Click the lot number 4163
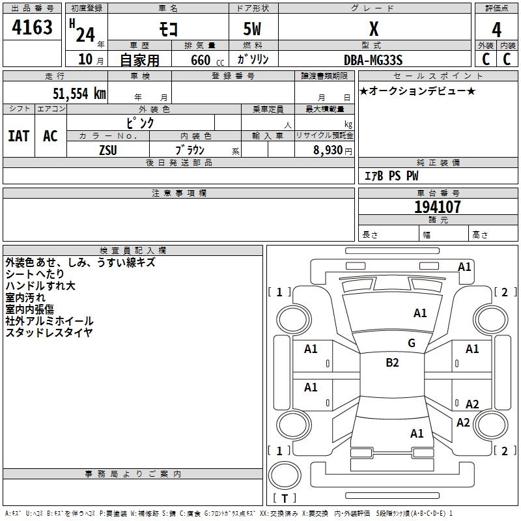[33, 27]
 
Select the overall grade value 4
[497, 30]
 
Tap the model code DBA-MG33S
[373, 60]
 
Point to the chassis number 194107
[437, 207]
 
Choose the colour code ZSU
[108, 150]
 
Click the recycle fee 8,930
[330, 150]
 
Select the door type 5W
[253, 30]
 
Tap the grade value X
[374, 29]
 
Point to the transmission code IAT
[18, 135]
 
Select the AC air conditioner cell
[50, 135]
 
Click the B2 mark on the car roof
[392, 363]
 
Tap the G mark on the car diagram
[411, 343]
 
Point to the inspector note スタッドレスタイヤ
[49, 333]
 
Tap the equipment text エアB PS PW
[391, 176]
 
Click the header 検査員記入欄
[133, 250]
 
